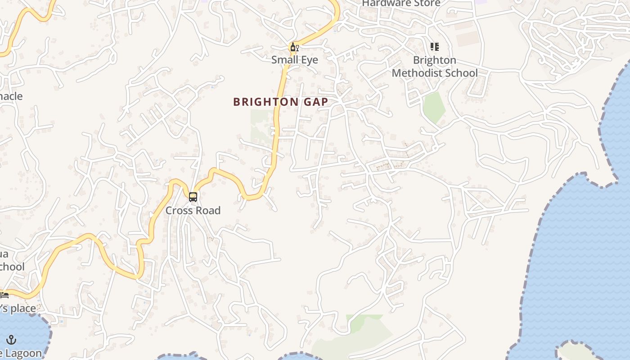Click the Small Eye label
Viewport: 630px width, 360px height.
[x=294, y=60]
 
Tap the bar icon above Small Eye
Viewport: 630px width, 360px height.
[x=294, y=47]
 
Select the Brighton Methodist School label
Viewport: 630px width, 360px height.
[x=434, y=66]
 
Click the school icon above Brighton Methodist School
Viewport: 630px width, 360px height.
[x=434, y=47]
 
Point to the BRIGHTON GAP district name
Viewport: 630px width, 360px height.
[x=280, y=102]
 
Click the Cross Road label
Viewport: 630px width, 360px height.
[x=193, y=210]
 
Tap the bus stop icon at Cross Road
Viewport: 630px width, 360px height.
[x=193, y=197]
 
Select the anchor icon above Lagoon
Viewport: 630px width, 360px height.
[x=11, y=340]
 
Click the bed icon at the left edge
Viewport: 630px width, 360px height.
[x=4, y=295]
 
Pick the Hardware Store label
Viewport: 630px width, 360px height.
[x=401, y=4]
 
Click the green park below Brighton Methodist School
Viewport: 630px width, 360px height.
[x=434, y=107]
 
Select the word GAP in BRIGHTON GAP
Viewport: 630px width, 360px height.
[x=314, y=102]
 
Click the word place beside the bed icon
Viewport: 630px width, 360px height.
[x=22, y=309]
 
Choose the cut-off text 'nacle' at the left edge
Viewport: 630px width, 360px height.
[x=11, y=96]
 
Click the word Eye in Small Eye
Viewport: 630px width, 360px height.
[x=310, y=60]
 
